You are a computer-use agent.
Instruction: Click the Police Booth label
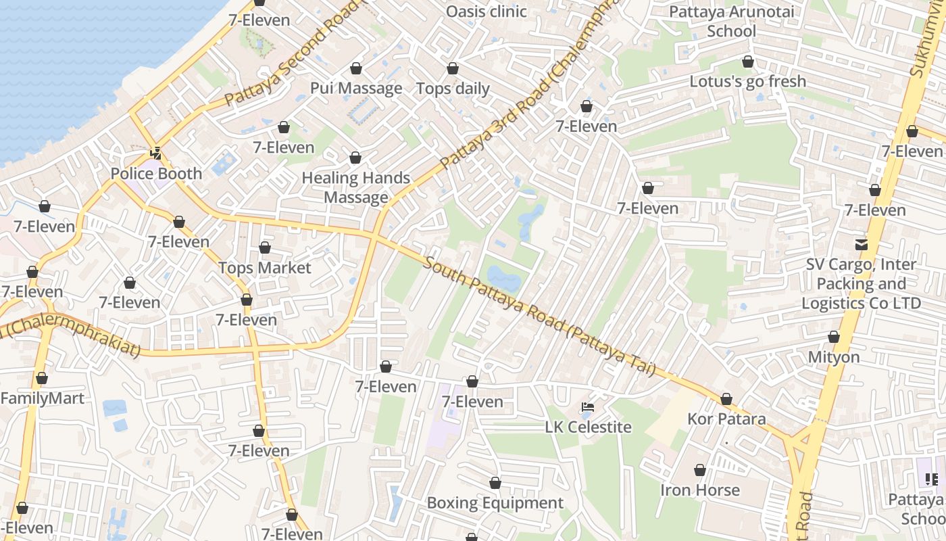[156, 174]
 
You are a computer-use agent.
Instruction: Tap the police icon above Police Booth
[156, 153]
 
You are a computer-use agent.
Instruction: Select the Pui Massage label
[356, 89]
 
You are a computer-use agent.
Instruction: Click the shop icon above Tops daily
[453, 69]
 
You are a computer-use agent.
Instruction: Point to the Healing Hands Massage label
[356, 187]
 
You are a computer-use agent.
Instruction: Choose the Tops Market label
[264, 268]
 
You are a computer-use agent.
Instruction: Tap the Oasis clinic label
[487, 11]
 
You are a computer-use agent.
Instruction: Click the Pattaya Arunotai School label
[731, 22]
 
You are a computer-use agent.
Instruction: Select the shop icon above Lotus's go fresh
[747, 62]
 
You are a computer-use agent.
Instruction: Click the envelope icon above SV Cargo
[862, 244]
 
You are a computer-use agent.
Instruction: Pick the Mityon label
[834, 357]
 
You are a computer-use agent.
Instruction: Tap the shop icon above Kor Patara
[726, 400]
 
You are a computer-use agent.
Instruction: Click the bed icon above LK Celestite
[588, 407]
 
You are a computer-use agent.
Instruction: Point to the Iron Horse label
[700, 490]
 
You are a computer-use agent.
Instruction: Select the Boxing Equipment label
[495, 503]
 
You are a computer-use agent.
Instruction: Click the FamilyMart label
[42, 398]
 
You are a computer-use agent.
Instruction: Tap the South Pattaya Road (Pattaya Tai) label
[539, 315]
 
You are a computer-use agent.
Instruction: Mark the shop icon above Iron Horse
[700, 470]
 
